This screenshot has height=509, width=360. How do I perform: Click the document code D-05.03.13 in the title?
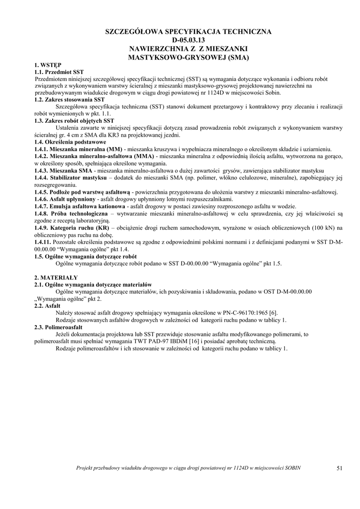188,40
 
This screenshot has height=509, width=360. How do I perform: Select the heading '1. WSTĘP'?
48,65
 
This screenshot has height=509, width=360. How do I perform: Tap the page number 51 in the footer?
340,468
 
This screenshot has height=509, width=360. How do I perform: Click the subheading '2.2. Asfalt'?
47,306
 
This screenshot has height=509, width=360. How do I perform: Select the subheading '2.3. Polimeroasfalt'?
58,328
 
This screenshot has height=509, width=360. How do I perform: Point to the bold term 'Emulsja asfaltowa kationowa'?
87,206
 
